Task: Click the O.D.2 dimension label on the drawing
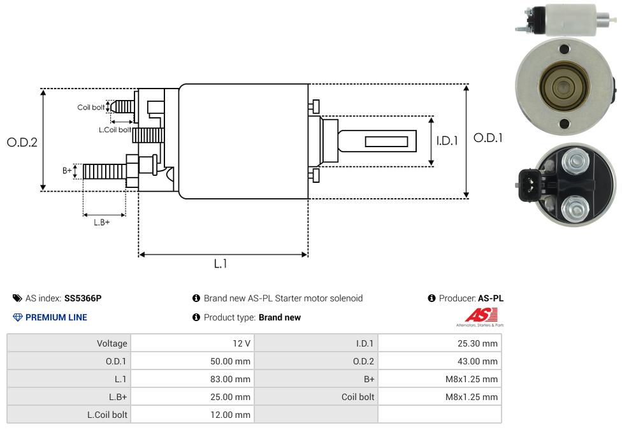point(22,142)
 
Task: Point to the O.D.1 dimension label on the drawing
point(488,138)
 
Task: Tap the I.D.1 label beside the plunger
point(447,141)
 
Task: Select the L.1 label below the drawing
point(221,263)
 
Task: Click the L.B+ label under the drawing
point(101,222)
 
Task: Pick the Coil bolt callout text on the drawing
point(91,107)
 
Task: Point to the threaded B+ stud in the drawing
point(105,171)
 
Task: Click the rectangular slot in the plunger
point(386,141)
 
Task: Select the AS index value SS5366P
point(83,298)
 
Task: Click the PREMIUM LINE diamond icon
point(17,317)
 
